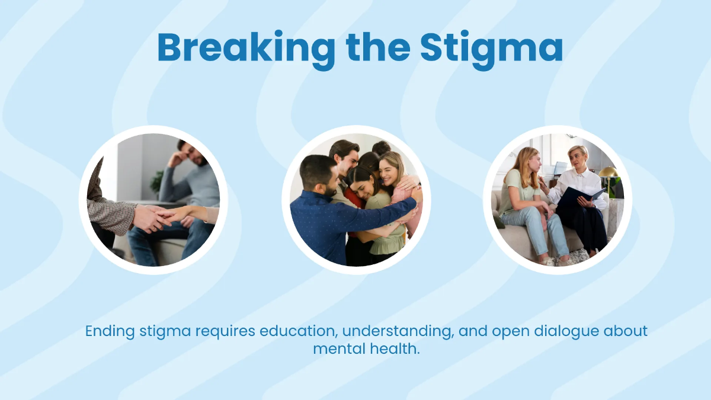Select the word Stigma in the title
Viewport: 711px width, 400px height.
(491, 49)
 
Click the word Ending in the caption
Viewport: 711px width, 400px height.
(110, 331)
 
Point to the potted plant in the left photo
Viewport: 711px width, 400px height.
(157, 181)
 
